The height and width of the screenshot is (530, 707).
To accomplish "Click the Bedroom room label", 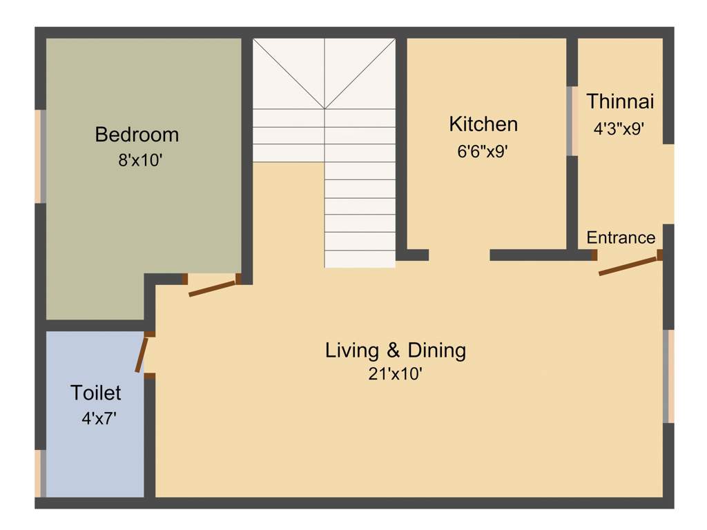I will tap(137, 134).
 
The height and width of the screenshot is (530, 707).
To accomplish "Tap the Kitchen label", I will tap(483, 124).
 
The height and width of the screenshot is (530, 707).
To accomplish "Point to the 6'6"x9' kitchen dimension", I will tap(483, 151).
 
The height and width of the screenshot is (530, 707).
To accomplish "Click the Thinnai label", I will tap(620, 101).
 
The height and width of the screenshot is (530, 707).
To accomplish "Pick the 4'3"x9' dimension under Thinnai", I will tap(619, 128).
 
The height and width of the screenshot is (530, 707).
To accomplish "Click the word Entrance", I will tap(621, 238).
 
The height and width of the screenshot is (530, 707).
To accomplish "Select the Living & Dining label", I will tap(396, 351).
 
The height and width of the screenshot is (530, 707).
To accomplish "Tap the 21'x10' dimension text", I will tap(395, 375).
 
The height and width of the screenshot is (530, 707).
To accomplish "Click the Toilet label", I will tap(96, 393).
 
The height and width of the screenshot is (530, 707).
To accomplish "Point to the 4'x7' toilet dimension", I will tap(96, 418).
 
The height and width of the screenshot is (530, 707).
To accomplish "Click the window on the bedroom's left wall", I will tap(41, 156).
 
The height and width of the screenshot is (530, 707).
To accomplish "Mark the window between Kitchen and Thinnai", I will tap(571, 121).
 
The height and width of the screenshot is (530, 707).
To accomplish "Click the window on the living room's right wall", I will tap(668, 376).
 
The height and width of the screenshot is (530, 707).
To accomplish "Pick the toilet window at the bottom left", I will tap(41, 473).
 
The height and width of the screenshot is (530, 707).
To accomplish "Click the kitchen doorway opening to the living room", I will tap(459, 255).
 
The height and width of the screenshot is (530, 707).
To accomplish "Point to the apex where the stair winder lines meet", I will tap(325, 108).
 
